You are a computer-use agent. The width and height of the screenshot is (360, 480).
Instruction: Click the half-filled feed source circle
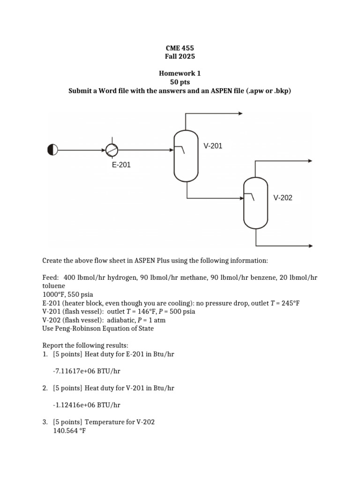pos(52,150)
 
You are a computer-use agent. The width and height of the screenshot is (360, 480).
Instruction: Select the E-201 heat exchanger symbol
pos(112,150)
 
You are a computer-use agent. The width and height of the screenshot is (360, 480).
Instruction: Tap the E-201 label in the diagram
pos(121,165)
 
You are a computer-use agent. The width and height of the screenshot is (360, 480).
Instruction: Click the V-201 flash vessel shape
pos(186,156)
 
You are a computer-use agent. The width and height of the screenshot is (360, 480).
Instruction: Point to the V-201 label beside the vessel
pos(213,146)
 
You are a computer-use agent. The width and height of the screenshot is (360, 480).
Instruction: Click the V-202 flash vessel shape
pos(255,203)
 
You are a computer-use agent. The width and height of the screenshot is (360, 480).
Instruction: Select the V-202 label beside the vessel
pos(283,198)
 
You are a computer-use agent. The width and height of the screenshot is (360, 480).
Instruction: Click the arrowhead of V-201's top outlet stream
pos(240,113)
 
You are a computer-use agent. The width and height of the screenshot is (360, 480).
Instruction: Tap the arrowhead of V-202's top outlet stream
pos(310,161)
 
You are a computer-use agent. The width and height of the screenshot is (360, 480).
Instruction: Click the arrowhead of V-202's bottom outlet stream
pos(310,246)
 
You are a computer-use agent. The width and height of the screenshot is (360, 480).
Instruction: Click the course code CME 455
pos(180,48)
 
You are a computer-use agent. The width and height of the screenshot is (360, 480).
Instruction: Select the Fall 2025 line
pos(180,56)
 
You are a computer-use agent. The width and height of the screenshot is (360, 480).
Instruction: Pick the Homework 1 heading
pos(180,74)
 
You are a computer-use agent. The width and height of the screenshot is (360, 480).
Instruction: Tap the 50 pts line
pos(180,82)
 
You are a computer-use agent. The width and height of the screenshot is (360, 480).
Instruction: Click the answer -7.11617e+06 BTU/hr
pos(87,371)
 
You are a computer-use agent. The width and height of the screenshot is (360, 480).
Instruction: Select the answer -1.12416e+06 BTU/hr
pos(87,405)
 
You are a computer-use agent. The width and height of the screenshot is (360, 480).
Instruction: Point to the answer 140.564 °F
pos(69,431)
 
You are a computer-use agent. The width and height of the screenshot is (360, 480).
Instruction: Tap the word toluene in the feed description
pos(53,285)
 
